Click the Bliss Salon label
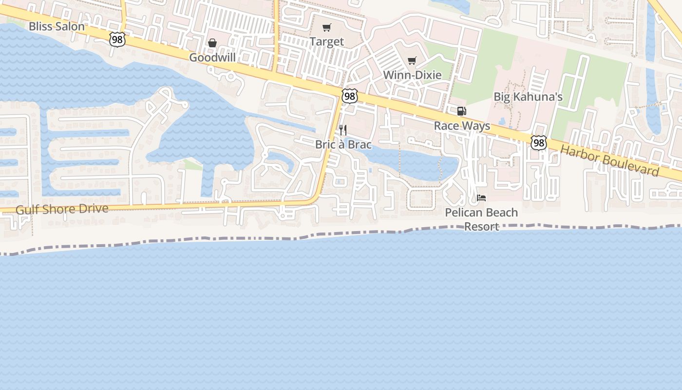click(57, 26)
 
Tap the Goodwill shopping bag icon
click(212, 43)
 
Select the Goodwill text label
click(212, 58)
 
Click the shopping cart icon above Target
click(327, 28)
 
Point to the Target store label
click(327, 42)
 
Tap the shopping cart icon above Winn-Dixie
click(412, 61)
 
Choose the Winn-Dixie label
click(412, 75)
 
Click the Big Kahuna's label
click(528, 97)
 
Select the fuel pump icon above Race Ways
click(461, 111)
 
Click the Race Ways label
click(462, 126)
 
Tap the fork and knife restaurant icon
click(343, 130)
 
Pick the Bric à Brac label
click(343, 144)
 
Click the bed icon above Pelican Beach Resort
click(481, 198)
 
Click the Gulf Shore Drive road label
click(62, 209)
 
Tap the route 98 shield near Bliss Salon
click(117, 39)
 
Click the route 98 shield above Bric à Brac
click(350, 96)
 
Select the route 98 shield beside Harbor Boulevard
click(538, 143)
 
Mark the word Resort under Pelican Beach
click(481, 227)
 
